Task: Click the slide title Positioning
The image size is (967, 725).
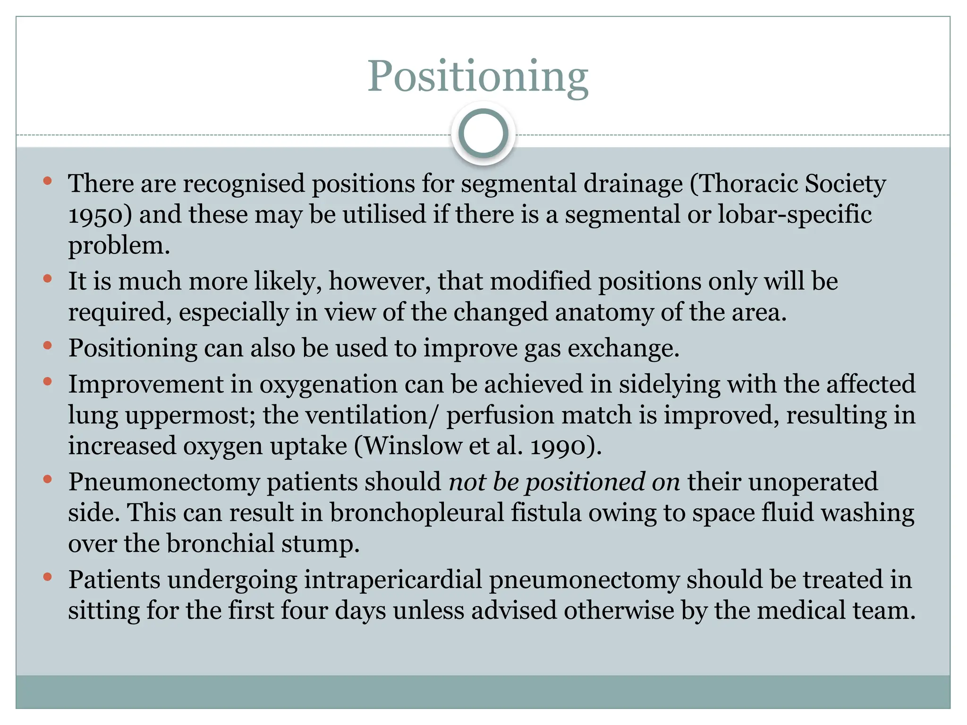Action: (477, 76)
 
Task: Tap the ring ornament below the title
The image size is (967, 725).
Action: (483, 133)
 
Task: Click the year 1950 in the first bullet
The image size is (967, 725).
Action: (96, 215)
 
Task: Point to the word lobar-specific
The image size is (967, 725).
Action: (795, 214)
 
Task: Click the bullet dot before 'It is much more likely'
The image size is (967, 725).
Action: (47, 279)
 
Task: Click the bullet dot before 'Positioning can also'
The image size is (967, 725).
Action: (47, 346)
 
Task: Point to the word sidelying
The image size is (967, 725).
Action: (669, 384)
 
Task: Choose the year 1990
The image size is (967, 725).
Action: (557, 447)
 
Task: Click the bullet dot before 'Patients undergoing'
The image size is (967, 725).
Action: (47, 577)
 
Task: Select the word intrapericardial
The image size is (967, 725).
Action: (392, 580)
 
